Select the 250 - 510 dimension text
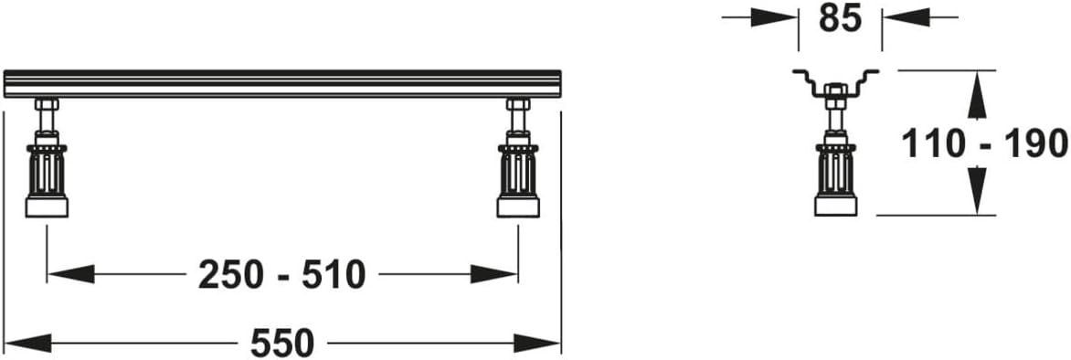tap(282, 275)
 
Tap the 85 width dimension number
tap(840, 17)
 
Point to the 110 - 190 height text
tap(984, 144)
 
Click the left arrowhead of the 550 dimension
tap(28, 343)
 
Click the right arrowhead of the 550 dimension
tap(536, 343)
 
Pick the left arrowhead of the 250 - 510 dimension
tap(70, 275)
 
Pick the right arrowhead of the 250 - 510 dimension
tap(494, 275)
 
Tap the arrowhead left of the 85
tap(774, 17)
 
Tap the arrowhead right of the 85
tap(906, 17)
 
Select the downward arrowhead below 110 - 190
tap(979, 191)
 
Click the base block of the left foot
tap(47, 207)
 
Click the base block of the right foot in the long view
tap(518, 207)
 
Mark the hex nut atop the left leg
tap(47, 105)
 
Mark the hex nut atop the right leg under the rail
tap(518, 105)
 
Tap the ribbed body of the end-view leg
tap(836, 171)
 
